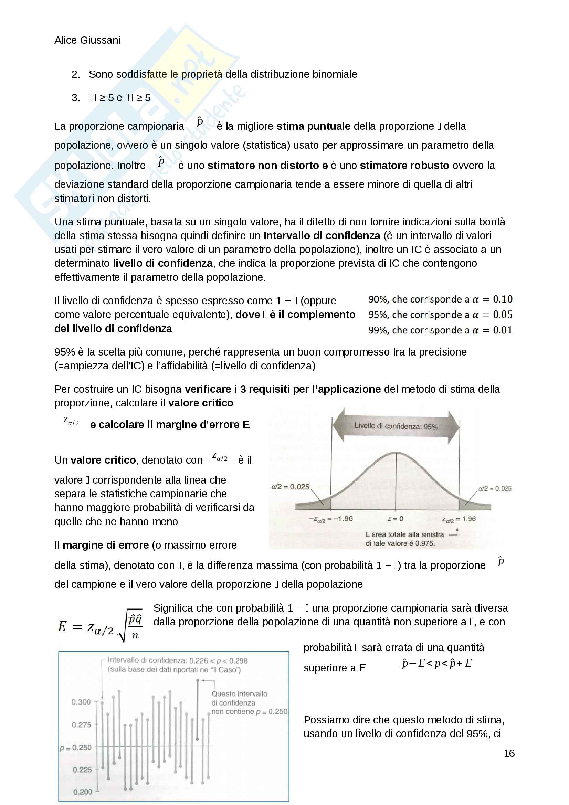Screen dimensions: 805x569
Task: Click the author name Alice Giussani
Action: pos(88,40)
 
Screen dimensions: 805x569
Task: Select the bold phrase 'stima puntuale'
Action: pos(314,126)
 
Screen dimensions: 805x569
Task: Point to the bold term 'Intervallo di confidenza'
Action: pos(322,236)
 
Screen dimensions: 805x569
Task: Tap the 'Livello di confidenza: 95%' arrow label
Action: pos(396,426)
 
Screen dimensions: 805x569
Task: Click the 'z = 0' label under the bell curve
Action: pos(395,519)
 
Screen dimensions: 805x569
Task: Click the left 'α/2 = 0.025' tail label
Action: pos(290,487)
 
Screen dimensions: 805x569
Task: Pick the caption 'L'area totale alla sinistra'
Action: pos(404,534)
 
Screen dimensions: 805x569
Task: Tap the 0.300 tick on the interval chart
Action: pos(81,702)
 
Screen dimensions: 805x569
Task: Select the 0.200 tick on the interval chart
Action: pos(83,792)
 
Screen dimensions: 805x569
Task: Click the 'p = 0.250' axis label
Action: pos(75,748)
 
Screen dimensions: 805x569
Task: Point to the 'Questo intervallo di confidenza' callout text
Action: pos(239,698)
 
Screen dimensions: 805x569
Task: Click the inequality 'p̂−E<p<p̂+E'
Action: pos(436,663)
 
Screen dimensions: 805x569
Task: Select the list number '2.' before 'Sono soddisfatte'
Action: pos(76,74)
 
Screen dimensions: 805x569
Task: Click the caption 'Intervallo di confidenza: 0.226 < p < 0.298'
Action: pos(177,660)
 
